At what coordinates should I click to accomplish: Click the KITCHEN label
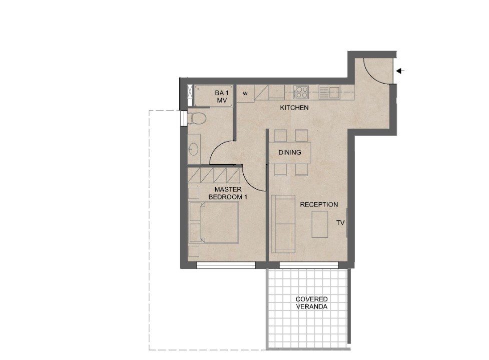[294, 108]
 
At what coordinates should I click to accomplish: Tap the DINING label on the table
[290, 153]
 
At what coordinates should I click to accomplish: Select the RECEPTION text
[319, 205]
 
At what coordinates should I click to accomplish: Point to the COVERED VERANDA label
[311, 302]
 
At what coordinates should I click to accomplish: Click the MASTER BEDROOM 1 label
[228, 193]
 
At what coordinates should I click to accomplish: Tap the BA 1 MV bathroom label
[222, 97]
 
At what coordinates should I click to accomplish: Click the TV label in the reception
[340, 223]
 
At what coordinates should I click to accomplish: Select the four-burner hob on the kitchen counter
[301, 92]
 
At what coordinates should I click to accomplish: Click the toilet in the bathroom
[197, 119]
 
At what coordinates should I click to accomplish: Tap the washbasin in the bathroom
[193, 149]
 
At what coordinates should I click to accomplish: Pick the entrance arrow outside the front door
[400, 71]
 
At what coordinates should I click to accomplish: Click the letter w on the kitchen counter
[245, 93]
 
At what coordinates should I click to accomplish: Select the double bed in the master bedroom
[214, 222]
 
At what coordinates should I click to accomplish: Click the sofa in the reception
[283, 224]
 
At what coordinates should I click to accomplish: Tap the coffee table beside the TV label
[320, 224]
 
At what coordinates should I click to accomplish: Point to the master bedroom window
[226, 265]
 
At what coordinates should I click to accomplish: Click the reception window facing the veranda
[309, 265]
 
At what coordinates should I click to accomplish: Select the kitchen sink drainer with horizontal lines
[324, 92]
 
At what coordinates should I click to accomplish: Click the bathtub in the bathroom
[214, 96]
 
